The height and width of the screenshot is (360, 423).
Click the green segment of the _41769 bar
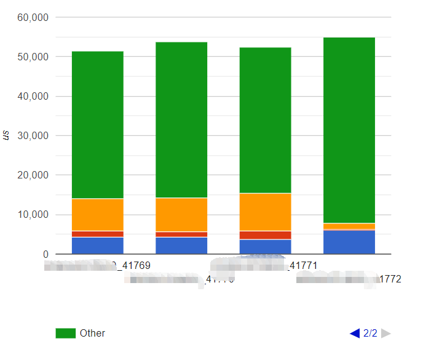pyautogui.click(x=98, y=125)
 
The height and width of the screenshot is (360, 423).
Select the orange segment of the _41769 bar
pyautogui.click(x=98, y=215)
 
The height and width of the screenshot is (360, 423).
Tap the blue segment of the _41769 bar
pyautogui.click(x=98, y=246)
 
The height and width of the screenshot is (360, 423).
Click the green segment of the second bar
pyautogui.click(x=181, y=120)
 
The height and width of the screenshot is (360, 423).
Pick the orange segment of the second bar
pyautogui.click(x=181, y=215)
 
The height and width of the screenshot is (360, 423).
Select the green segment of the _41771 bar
pyautogui.click(x=265, y=120)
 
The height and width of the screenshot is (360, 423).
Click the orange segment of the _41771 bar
pyautogui.click(x=265, y=212)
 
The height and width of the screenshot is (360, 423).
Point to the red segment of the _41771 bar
pyautogui.click(x=265, y=235)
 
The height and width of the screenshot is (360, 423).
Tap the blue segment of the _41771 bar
pyautogui.click(x=265, y=247)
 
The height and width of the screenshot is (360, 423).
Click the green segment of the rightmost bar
pyautogui.click(x=349, y=130)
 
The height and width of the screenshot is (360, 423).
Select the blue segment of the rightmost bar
pyautogui.click(x=349, y=242)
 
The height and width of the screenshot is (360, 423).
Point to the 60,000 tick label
pyautogui.click(x=33, y=17)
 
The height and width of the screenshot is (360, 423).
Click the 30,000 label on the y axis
pyautogui.click(x=33, y=136)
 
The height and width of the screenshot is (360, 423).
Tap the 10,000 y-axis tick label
pyautogui.click(x=33, y=215)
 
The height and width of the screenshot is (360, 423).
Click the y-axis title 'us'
pyautogui.click(x=7, y=136)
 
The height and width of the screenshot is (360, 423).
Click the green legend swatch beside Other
pyautogui.click(x=65, y=333)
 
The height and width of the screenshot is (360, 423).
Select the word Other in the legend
pyautogui.click(x=92, y=333)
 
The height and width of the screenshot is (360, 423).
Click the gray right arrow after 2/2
pyautogui.click(x=385, y=334)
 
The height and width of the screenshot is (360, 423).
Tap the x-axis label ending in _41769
pyautogui.click(x=98, y=266)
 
